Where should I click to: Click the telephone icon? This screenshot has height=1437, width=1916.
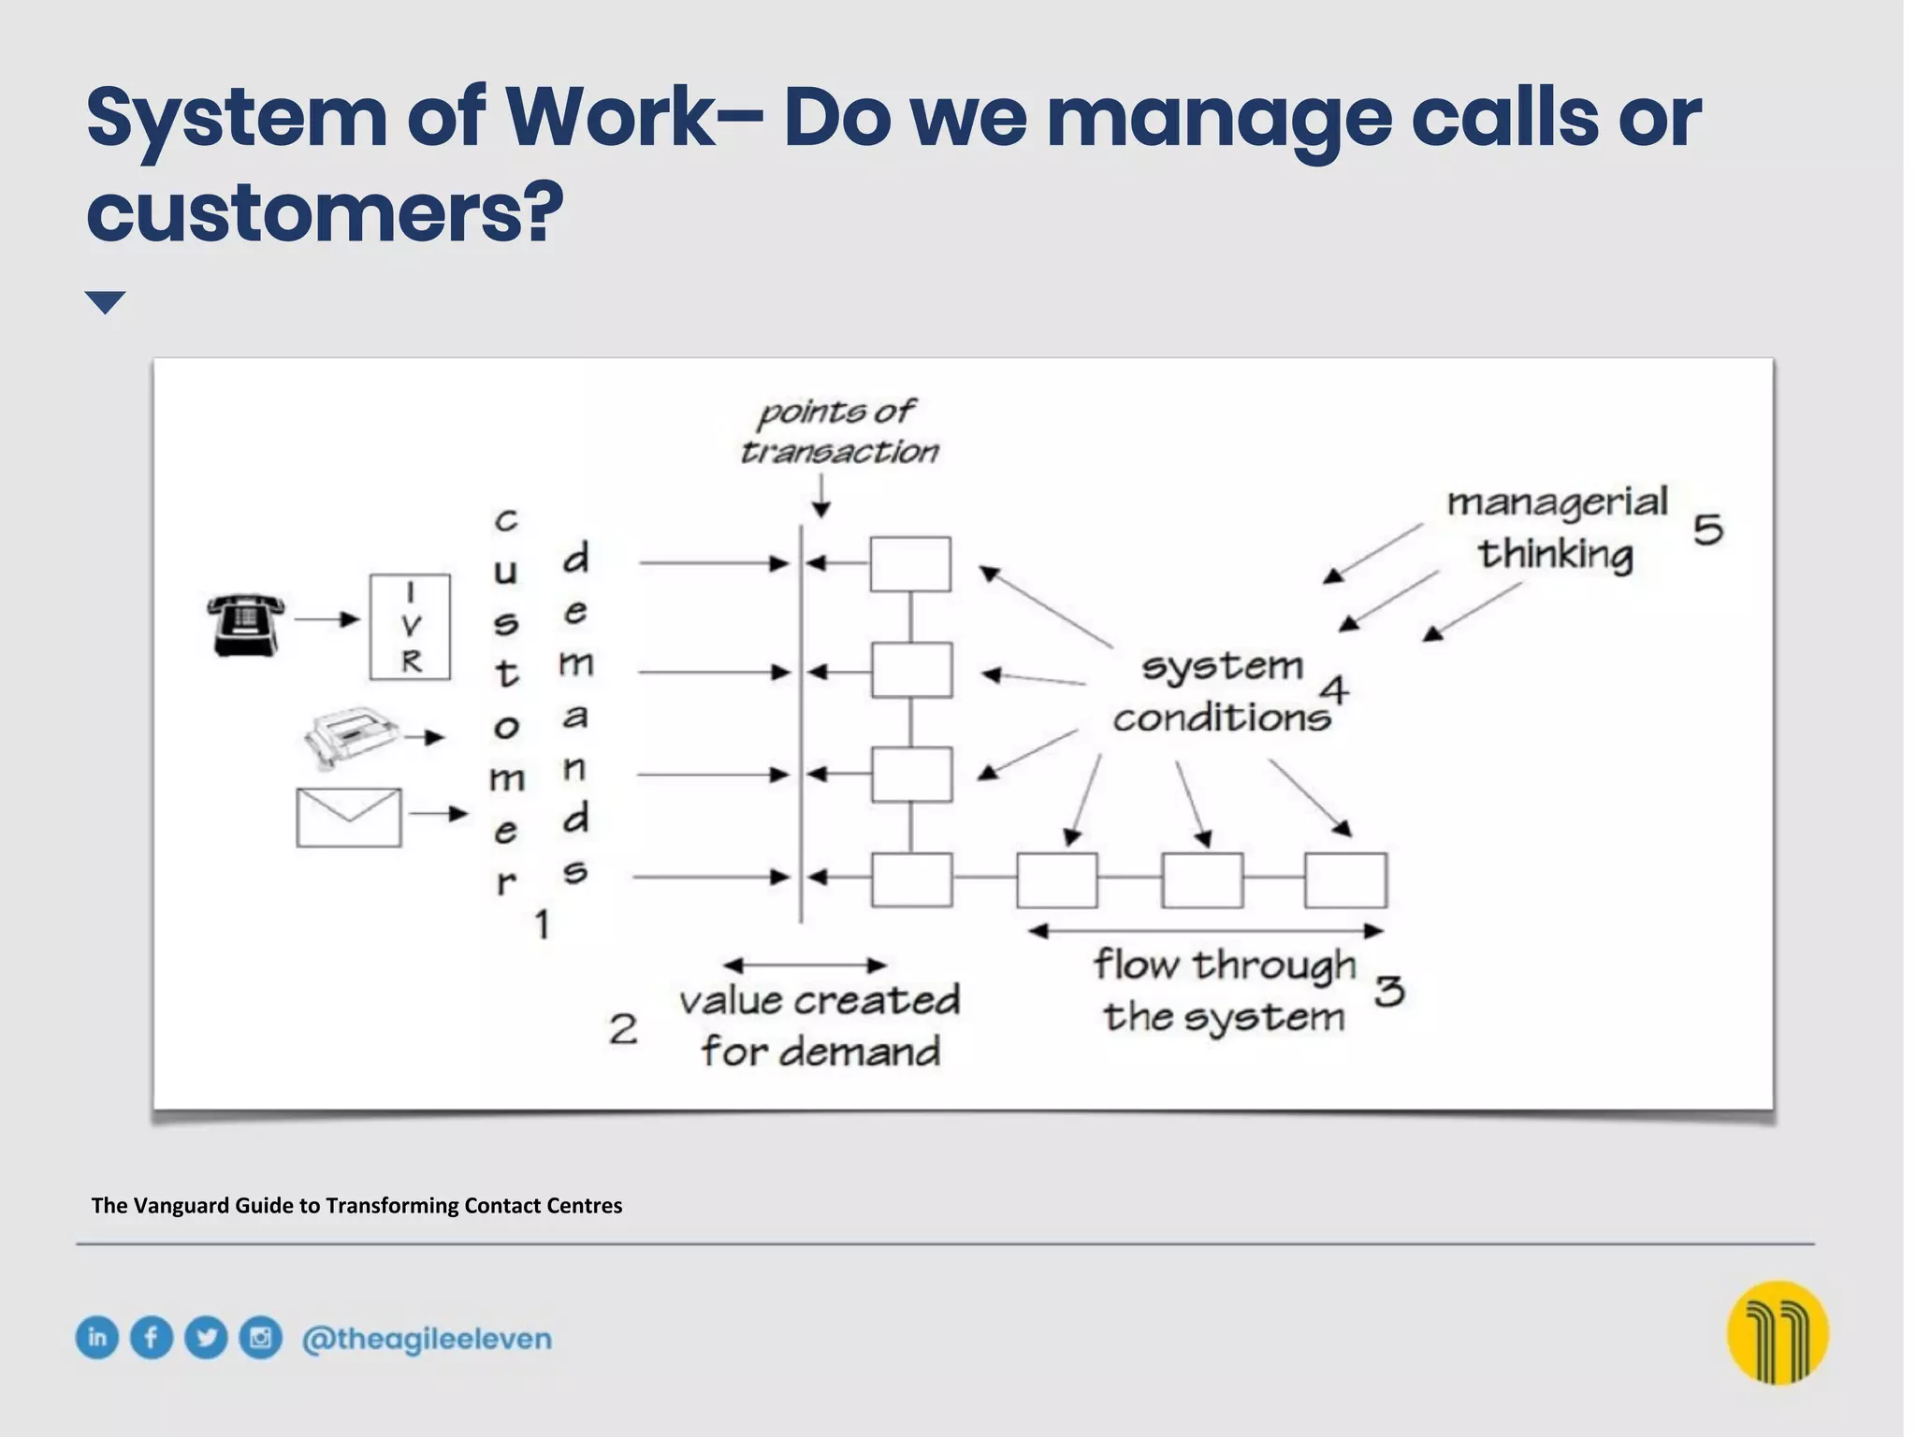(x=245, y=624)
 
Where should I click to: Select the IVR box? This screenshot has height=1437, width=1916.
(x=410, y=627)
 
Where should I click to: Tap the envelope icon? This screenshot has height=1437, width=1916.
(x=349, y=818)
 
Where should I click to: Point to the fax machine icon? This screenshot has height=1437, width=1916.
(x=352, y=737)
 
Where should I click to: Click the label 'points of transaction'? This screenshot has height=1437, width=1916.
(x=837, y=431)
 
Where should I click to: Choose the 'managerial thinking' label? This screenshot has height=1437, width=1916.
(x=1557, y=529)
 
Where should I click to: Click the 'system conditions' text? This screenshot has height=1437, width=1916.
(x=1221, y=692)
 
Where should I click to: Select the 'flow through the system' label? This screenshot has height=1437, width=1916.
(x=1224, y=991)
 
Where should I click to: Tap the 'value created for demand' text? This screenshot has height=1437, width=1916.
(x=820, y=1026)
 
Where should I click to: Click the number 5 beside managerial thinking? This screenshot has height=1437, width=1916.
(x=1708, y=530)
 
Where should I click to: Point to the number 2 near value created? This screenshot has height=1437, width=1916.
(x=623, y=1030)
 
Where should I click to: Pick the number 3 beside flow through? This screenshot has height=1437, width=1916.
(x=1389, y=991)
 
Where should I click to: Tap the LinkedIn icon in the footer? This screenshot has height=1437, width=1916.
(x=97, y=1338)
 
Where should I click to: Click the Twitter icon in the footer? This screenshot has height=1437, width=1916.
(x=206, y=1338)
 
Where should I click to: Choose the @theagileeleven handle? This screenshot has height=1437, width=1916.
(x=427, y=1339)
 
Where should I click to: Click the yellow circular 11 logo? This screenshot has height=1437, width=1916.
(x=1777, y=1332)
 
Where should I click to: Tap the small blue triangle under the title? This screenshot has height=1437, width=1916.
(x=105, y=302)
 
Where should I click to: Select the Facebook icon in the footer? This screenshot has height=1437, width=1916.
(x=152, y=1338)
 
